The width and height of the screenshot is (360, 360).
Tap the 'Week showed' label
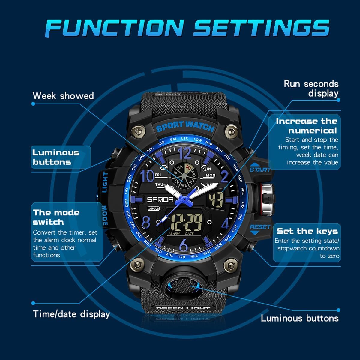pyautogui.click(x=63, y=96)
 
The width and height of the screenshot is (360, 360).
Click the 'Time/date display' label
pyautogui.click(x=71, y=314)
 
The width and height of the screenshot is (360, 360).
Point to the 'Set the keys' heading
pyautogui.click(x=307, y=231)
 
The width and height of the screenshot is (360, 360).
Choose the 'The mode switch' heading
pyautogui.click(x=56, y=217)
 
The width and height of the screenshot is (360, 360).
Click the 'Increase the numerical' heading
pyautogui.click(x=307, y=126)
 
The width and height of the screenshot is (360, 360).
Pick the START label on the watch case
pyautogui.click(x=260, y=169)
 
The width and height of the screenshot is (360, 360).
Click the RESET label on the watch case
pyautogui.click(x=260, y=227)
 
